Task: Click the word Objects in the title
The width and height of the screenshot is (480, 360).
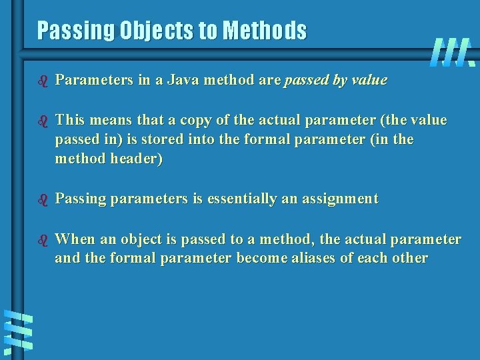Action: [157, 31]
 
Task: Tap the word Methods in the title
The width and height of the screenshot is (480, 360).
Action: [265, 30]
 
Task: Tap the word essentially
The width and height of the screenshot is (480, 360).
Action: [242, 199]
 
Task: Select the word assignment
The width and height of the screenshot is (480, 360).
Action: [341, 199]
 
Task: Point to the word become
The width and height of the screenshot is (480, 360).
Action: [262, 258]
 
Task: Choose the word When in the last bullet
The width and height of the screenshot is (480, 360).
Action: [75, 239]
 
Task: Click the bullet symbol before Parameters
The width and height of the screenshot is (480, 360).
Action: [43, 81]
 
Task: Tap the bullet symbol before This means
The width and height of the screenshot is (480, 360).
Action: [43, 121]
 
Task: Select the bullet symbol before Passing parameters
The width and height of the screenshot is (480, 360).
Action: [43, 201]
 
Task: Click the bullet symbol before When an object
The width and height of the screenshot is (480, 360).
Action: [43, 240]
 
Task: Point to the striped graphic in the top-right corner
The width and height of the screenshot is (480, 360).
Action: [453, 52]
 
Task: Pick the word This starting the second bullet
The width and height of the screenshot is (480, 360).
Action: [70, 120]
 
